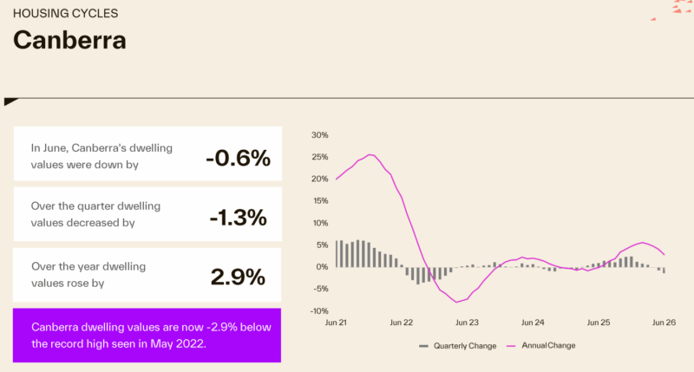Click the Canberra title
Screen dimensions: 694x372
[x=69, y=40]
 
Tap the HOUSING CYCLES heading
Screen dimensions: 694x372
[x=66, y=13]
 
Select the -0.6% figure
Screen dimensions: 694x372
[x=238, y=158]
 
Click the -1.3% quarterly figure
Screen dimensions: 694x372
[x=238, y=217]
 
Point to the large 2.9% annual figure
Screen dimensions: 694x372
[x=238, y=277]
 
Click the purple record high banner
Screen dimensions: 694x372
[x=147, y=336]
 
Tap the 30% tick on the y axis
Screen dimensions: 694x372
[x=319, y=135]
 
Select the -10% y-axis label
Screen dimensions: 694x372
[x=318, y=311]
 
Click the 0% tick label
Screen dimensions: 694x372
[x=322, y=267]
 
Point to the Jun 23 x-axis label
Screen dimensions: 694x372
[x=467, y=323]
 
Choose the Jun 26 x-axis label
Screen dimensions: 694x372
[x=664, y=323]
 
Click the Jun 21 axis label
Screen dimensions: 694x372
[x=336, y=323]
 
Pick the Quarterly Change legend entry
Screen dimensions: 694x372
[x=458, y=346]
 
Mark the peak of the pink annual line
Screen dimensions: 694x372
[x=370, y=155]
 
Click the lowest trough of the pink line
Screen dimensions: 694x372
[x=456, y=302]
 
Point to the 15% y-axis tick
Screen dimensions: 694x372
[x=320, y=201]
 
